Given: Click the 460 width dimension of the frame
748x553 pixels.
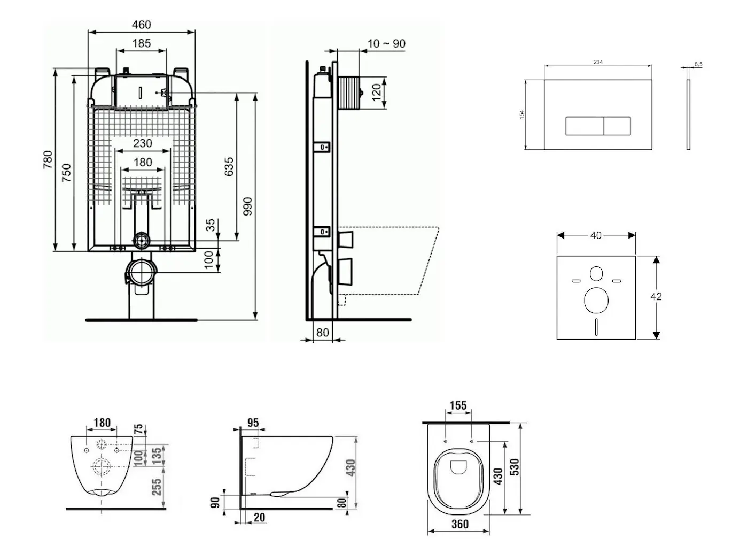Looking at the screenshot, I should tap(141, 25).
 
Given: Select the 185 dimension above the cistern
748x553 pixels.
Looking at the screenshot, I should tap(141, 43).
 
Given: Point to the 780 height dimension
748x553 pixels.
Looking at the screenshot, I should tap(48, 160).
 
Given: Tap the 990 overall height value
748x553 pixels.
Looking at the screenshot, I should tap(247, 206).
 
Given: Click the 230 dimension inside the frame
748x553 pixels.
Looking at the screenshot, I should tap(142, 143).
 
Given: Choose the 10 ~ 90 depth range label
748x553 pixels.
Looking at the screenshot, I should tap(386, 43).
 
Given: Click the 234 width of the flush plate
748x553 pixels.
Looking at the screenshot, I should tap(598, 62).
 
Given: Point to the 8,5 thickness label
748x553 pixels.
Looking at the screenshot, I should tap(698, 64).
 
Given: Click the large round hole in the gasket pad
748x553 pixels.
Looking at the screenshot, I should tap(596, 300).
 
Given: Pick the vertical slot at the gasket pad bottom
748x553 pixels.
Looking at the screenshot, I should tap(596, 327).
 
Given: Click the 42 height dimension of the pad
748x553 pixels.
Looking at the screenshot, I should tap(656, 296).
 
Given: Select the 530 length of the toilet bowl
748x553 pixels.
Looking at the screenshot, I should tap(515, 467).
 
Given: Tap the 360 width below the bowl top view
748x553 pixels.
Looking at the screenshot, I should tap(459, 524).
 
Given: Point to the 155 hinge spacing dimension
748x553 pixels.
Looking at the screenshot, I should tap(458, 406).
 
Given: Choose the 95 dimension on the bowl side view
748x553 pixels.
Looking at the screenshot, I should tap(253, 423).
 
